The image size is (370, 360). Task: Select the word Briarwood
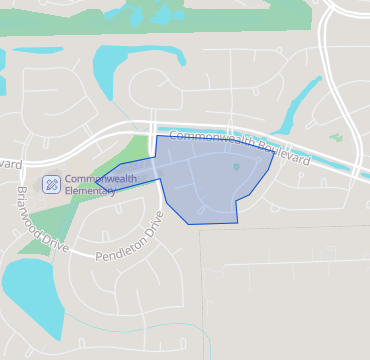[30, 208]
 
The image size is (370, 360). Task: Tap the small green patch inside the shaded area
[237, 167]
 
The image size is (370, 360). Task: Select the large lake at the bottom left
[30, 290]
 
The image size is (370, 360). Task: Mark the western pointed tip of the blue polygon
[97, 183]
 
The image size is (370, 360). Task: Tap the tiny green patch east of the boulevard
[336, 138]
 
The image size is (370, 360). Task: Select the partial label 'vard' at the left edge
[9, 163]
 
